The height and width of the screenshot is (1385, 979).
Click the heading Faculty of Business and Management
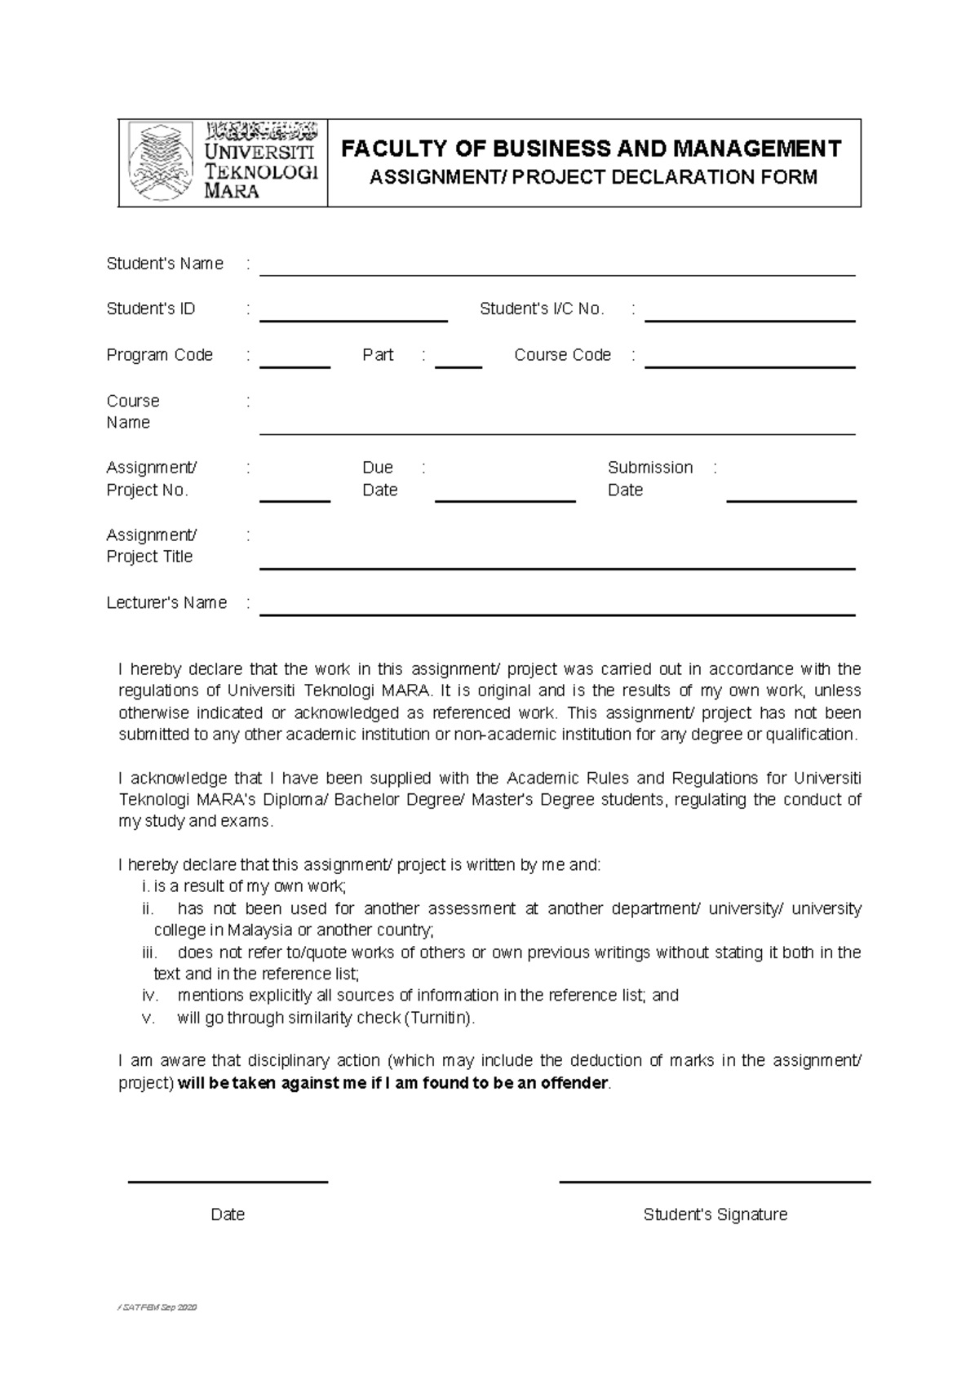pos(591,149)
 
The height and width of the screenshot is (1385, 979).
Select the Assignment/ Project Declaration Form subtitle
pos(593,177)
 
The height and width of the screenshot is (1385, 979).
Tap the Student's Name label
pos(165,264)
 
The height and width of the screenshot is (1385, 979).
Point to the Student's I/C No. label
pos(542,309)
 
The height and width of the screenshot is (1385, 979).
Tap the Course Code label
pos(562,355)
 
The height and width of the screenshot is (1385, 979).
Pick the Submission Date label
pos(649,478)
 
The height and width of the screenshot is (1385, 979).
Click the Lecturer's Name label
pos(166,602)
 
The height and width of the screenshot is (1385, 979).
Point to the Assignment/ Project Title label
pos(151,545)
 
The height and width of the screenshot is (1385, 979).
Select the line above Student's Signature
pos(715,1181)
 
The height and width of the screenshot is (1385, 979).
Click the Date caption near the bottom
pos(228,1214)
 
